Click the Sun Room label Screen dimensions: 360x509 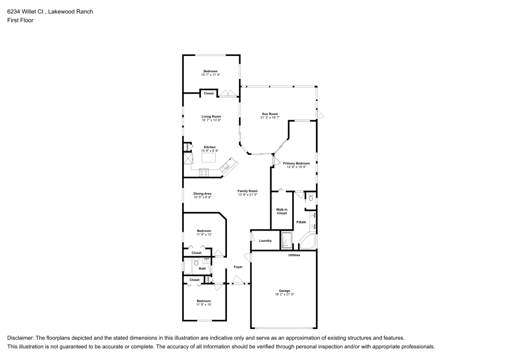coord(270,114)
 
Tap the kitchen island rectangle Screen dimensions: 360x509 coord(209,157)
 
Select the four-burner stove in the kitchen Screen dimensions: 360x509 coord(204,172)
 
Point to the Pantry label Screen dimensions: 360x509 coord(188,147)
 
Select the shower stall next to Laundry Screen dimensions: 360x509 coord(287,240)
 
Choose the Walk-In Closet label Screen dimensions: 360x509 coord(281,211)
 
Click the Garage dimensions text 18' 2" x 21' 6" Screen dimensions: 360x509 coord(285,294)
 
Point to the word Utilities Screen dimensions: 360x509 coord(294,255)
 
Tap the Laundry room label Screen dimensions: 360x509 coord(265,241)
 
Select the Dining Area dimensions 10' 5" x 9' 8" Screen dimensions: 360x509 coord(203,197)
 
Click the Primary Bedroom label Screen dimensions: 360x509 coord(300,163)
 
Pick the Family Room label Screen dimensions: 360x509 coord(247,191)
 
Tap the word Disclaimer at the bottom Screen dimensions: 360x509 coord(20,338)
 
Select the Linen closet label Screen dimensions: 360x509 coord(208,279)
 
